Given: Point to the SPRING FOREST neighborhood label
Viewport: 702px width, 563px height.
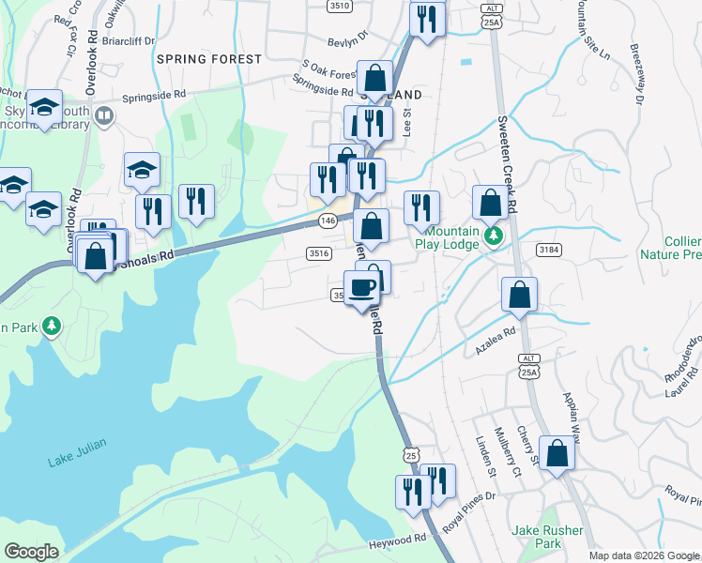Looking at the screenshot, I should tap(209, 59).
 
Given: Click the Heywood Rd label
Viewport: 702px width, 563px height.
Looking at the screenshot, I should tap(399, 540).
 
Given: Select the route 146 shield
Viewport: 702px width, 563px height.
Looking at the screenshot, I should tap(327, 220).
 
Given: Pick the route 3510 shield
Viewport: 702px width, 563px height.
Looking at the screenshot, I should tap(340, 6).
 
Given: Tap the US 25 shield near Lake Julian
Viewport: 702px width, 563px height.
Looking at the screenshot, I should tap(410, 454).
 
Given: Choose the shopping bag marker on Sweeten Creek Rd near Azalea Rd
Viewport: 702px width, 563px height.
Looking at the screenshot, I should tap(519, 295).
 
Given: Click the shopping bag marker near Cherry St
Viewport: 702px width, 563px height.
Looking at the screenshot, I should tap(557, 452).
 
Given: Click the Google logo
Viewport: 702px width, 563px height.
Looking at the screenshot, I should tap(31, 551).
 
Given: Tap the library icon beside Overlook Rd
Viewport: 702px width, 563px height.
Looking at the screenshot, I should tap(103, 115).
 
